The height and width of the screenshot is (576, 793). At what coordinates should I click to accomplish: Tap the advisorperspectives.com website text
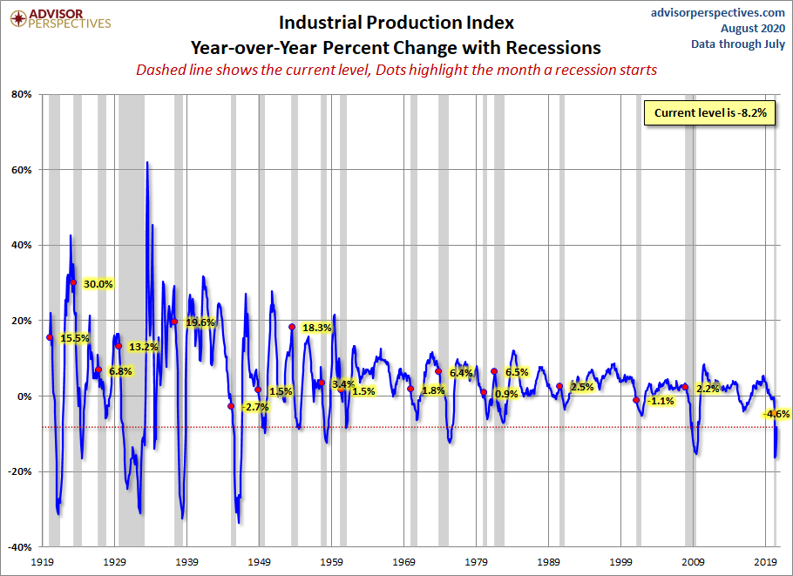[x=718, y=12]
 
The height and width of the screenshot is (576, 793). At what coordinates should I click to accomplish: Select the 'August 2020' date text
[x=751, y=28]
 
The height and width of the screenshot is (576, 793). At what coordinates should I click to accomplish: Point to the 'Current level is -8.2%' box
[x=710, y=112]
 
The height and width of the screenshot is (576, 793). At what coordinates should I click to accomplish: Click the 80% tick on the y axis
[x=22, y=94]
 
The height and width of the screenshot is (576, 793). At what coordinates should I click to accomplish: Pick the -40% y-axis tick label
[x=20, y=547]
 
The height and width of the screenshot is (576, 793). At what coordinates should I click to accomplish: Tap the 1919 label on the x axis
[x=44, y=562]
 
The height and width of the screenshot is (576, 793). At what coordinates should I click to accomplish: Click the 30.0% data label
[x=98, y=284]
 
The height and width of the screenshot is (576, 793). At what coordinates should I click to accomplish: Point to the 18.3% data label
[x=317, y=328]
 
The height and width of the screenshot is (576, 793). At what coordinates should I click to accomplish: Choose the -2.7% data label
[x=255, y=407]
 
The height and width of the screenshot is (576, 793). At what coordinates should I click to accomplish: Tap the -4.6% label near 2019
[x=776, y=414]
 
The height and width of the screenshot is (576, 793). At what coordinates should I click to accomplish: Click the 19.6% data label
[x=200, y=322]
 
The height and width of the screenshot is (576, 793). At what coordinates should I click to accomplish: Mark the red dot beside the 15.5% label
[x=49, y=337]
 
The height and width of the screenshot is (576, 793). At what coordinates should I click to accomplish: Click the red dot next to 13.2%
[x=119, y=346]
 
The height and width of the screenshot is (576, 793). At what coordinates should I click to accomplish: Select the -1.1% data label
[x=662, y=401]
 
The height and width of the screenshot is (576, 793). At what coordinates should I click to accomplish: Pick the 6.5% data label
[x=517, y=372]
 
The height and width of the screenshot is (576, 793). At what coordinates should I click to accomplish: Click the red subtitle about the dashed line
[x=396, y=70]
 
